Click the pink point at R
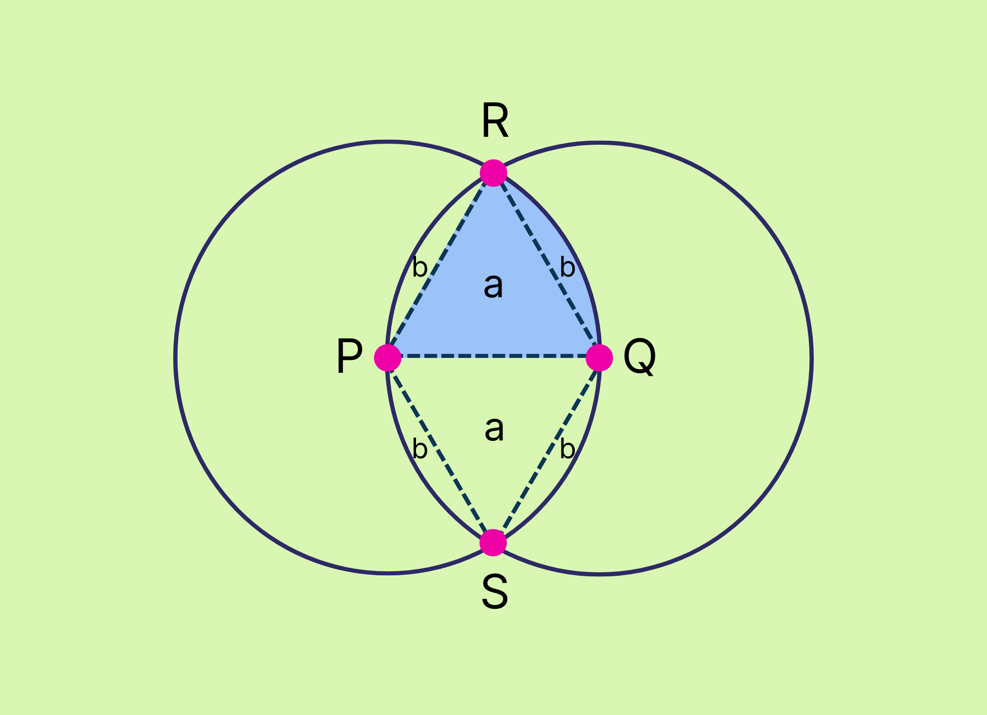point(493,173)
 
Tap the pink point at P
point(387,357)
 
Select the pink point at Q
point(599,357)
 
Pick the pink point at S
point(493,543)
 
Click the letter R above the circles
point(495,121)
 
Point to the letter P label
point(349,357)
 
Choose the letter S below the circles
point(494,593)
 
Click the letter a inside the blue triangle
point(493,286)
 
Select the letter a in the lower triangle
point(494,429)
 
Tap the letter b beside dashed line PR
point(419,268)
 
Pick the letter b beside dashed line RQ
point(568,268)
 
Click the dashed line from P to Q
point(493,356)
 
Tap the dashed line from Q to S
point(547,449)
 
